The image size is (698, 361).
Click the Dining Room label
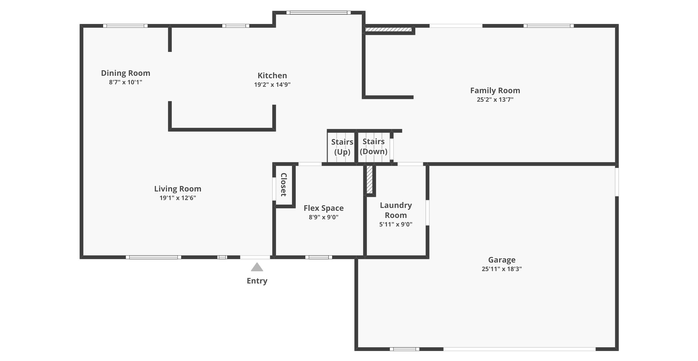125,73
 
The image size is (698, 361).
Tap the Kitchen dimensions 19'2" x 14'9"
272,84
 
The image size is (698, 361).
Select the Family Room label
495,91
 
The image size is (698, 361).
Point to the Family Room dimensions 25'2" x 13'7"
495,99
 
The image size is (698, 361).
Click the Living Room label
178,189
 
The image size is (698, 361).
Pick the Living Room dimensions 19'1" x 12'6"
178,198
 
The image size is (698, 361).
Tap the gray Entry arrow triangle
257,267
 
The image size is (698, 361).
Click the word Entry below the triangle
257,281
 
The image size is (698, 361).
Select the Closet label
283,185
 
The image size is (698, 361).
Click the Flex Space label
324,208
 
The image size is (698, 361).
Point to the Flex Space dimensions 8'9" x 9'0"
324,217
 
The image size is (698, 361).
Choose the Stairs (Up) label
342,147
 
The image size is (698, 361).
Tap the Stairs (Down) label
374,146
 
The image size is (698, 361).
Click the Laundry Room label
396,210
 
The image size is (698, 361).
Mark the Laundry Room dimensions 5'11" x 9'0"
396,224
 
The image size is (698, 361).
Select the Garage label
502,260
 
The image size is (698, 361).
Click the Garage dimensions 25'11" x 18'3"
502,269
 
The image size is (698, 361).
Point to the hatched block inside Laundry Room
370,179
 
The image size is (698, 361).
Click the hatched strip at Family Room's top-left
389,29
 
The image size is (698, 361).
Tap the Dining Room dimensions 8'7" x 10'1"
125,82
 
